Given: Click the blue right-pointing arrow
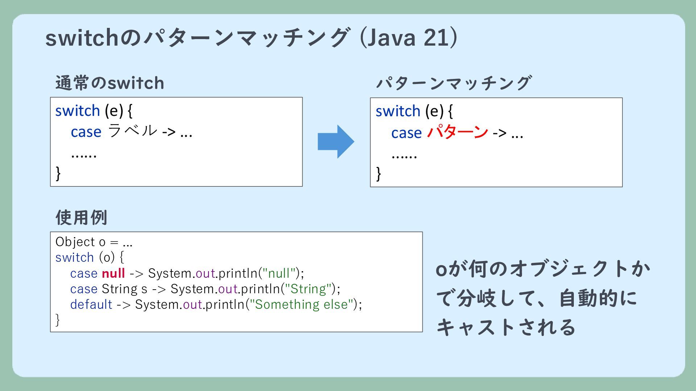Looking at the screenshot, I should [336, 142].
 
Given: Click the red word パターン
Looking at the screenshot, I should [457, 132].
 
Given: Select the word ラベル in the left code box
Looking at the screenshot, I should [133, 131].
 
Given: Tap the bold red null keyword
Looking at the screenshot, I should [113, 273].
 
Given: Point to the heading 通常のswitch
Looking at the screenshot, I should [110, 83].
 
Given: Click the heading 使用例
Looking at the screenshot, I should [81, 217].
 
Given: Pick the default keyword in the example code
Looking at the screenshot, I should [91, 304].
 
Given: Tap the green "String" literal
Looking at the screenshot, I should [308, 289].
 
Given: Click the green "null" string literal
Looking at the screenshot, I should [279, 273].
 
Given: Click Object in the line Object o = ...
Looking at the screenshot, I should [75, 241].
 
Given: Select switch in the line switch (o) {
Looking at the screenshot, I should [75, 257].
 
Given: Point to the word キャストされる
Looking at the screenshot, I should [506, 327].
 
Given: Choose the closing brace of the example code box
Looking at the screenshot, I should [58, 320].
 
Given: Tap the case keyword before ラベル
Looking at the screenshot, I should [86, 132].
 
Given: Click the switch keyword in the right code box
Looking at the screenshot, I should [398, 111].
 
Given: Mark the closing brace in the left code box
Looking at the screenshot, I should [58, 173].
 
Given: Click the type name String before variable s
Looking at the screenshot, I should [119, 289].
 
